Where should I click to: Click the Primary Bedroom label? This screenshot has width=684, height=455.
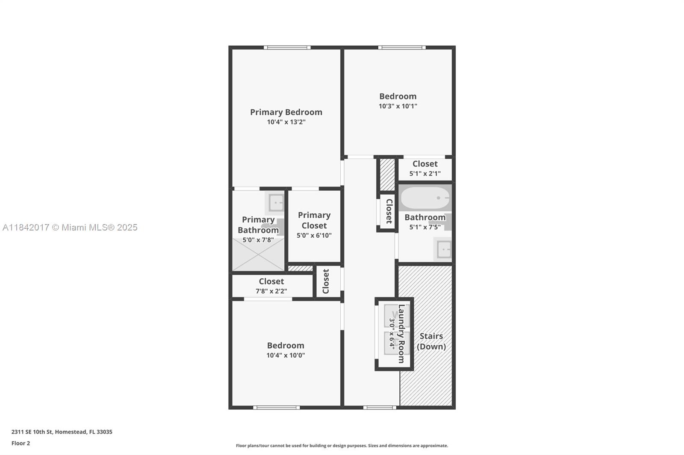click(286, 112)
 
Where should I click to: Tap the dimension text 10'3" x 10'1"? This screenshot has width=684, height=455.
click(398, 106)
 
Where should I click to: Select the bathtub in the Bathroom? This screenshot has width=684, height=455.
click(425, 198)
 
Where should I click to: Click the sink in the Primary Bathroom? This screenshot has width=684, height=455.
click(276, 202)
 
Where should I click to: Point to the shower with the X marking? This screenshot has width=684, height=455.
click(258, 254)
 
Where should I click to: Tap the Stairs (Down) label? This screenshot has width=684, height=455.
click(431, 341)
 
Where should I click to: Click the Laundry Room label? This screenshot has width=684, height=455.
click(401, 334)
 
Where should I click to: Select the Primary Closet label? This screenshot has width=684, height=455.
click(314, 220)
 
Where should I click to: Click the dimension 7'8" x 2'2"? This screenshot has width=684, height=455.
click(271, 291)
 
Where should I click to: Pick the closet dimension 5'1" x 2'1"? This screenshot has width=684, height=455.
click(425, 174)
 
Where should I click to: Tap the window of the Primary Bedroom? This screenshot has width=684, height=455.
click(287, 47)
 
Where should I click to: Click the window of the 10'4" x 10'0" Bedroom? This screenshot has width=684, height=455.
click(276, 408)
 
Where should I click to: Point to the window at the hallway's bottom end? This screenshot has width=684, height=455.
click(380, 408)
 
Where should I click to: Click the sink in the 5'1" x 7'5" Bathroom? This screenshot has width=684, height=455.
click(442, 249)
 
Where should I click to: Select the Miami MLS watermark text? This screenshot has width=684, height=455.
click(70, 227)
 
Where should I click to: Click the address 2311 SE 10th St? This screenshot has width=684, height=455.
click(32, 432)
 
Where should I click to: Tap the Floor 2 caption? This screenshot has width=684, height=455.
click(21, 443)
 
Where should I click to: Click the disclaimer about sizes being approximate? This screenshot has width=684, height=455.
click(342, 446)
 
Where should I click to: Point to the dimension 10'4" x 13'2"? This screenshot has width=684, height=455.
click(286, 122)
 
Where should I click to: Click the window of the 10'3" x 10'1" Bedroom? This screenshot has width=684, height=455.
click(402, 47)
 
